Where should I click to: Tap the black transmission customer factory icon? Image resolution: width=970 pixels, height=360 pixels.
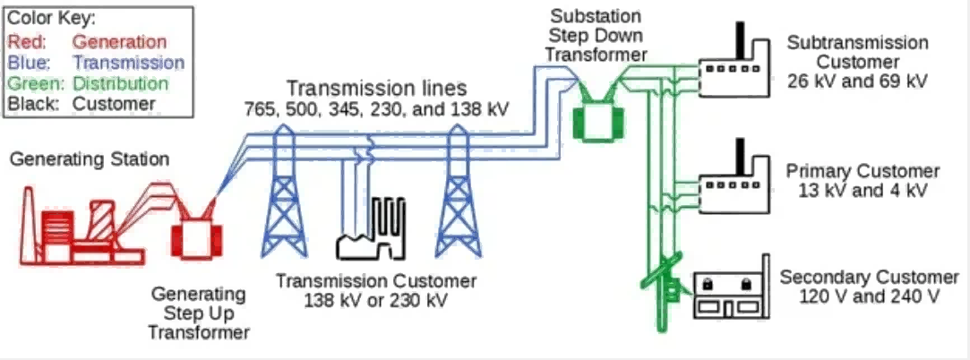371,229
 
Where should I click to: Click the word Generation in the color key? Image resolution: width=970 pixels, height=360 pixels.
119,41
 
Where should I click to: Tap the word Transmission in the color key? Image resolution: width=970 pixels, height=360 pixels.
128,63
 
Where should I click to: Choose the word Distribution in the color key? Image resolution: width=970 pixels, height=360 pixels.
120,83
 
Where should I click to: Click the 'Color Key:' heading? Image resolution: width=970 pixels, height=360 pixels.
51,19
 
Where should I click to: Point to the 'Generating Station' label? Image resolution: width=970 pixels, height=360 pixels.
90,159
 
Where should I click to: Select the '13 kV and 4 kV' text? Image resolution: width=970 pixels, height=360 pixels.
863,190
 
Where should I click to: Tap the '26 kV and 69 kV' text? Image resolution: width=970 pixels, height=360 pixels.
857,81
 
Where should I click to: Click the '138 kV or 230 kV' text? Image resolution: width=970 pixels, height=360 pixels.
375,301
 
